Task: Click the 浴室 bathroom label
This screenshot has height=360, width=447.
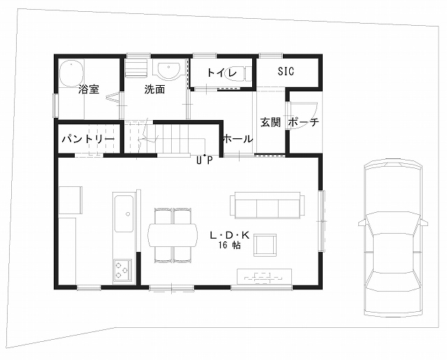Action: [x=89, y=89]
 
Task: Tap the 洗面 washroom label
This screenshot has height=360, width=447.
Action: [x=154, y=89]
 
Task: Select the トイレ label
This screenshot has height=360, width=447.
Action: [x=222, y=73]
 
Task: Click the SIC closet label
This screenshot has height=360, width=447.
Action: [x=286, y=71]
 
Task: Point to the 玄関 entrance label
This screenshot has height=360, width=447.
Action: [x=270, y=122]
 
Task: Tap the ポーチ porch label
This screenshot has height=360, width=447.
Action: [x=304, y=122]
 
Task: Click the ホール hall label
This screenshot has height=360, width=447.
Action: [x=237, y=139]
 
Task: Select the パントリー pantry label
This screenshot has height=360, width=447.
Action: [x=89, y=139]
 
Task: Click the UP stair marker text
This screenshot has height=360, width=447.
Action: [x=205, y=160]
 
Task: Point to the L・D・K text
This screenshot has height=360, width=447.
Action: [x=230, y=235]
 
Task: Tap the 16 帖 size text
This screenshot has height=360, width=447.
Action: [x=230, y=245]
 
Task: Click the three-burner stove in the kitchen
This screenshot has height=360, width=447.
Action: [x=123, y=270]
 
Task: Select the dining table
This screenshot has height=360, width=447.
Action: [x=173, y=235]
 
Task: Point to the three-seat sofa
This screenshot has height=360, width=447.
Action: [x=268, y=205]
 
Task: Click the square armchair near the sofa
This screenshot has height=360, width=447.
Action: [x=265, y=245]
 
